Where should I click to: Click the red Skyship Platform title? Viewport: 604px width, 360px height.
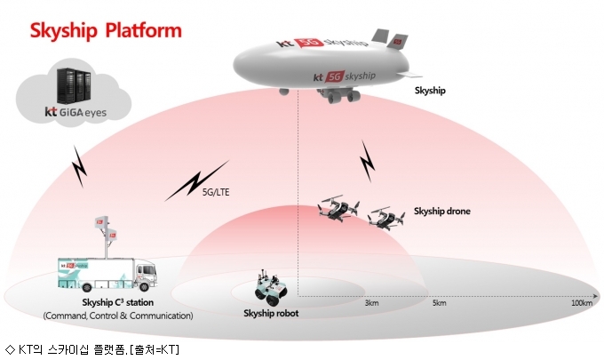106,31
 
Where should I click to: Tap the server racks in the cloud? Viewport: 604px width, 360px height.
75,86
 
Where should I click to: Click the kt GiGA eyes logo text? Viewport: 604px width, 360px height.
75,112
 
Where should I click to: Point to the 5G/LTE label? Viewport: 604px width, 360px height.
216,192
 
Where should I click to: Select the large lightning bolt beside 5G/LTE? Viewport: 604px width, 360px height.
197,180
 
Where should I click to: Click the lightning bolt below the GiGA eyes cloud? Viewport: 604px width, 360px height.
80,166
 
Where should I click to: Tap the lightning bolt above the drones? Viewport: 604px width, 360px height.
368,161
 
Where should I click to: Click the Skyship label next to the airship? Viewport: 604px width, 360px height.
430,90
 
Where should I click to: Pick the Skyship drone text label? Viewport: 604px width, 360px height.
441,211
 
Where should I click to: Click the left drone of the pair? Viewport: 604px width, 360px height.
338,207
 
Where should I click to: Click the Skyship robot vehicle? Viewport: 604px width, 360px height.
271,287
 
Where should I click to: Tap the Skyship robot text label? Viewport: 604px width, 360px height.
271,313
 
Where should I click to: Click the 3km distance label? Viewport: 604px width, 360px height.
371,303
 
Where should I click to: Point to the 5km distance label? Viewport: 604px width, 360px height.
439,303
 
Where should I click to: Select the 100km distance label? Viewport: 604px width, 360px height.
582,303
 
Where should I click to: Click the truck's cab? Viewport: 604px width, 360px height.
145,275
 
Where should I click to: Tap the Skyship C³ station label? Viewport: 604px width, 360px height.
117,302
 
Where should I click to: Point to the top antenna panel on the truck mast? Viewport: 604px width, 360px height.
101,222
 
